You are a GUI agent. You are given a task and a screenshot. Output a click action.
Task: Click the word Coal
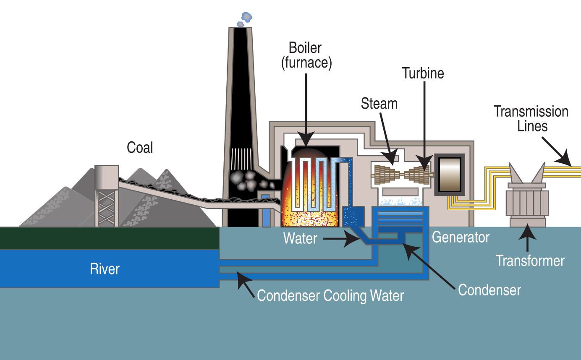click(x=140, y=147)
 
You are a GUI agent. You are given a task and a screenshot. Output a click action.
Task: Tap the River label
click(x=105, y=269)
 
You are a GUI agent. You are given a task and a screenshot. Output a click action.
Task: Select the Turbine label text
click(x=423, y=73)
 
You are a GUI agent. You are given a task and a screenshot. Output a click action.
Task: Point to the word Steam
click(x=379, y=103)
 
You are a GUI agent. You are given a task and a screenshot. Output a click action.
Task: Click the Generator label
click(x=461, y=237)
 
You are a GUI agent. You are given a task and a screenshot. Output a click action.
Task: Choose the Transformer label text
click(x=530, y=261)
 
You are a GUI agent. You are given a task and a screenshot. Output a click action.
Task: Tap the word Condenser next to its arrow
click(x=489, y=290)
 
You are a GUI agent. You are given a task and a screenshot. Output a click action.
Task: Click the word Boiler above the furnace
click(x=305, y=48)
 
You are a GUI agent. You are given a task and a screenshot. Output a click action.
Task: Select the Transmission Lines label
click(x=531, y=119)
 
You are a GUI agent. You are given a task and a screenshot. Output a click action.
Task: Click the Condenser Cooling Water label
click(x=330, y=295)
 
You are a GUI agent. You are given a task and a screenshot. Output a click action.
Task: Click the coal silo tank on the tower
click(x=107, y=177)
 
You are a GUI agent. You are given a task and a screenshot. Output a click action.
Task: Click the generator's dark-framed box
click(x=450, y=175)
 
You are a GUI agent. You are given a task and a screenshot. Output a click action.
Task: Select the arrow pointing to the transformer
click(x=527, y=237)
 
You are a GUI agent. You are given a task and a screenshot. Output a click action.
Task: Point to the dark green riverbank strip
click(x=110, y=238)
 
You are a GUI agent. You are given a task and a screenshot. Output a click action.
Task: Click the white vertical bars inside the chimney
click(x=241, y=159)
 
